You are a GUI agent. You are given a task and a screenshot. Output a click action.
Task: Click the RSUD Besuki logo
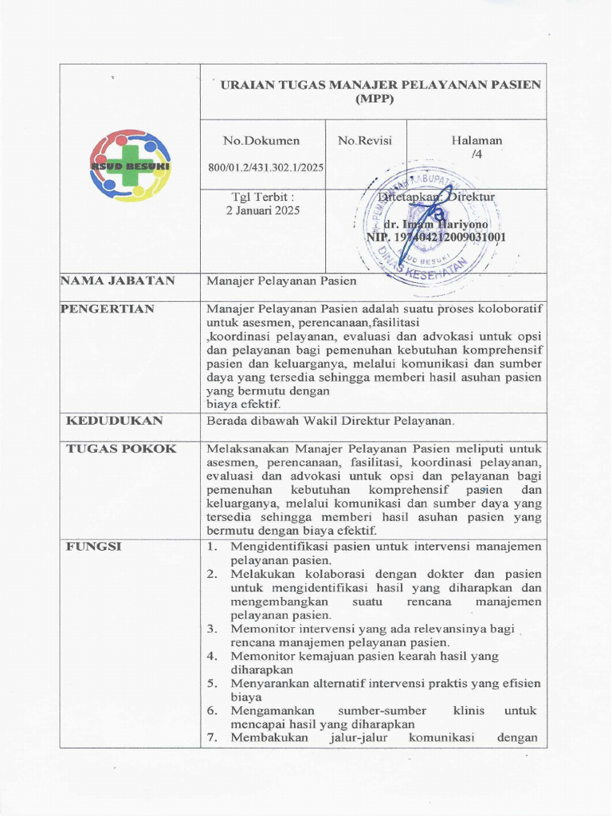click(x=129, y=165)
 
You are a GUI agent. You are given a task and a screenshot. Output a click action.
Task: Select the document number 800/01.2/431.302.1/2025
click(x=265, y=167)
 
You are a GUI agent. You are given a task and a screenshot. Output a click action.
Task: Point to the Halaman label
click(x=477, y=140)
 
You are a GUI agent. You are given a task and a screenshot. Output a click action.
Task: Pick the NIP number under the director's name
click(x=436, y=237)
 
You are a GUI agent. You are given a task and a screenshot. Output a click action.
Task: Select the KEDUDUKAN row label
click(x=114, y=420)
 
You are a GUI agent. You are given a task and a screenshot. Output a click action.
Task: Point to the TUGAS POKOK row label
click(x=120, y=449)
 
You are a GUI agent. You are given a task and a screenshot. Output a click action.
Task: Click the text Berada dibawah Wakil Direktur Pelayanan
click(x=331, y=421)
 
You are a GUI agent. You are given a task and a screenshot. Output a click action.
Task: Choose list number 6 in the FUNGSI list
click(x=212, y=711)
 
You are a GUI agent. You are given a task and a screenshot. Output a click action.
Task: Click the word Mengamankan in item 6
click(x=273, y=711)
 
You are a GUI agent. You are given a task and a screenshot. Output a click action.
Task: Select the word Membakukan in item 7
click(x=269, y=737)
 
